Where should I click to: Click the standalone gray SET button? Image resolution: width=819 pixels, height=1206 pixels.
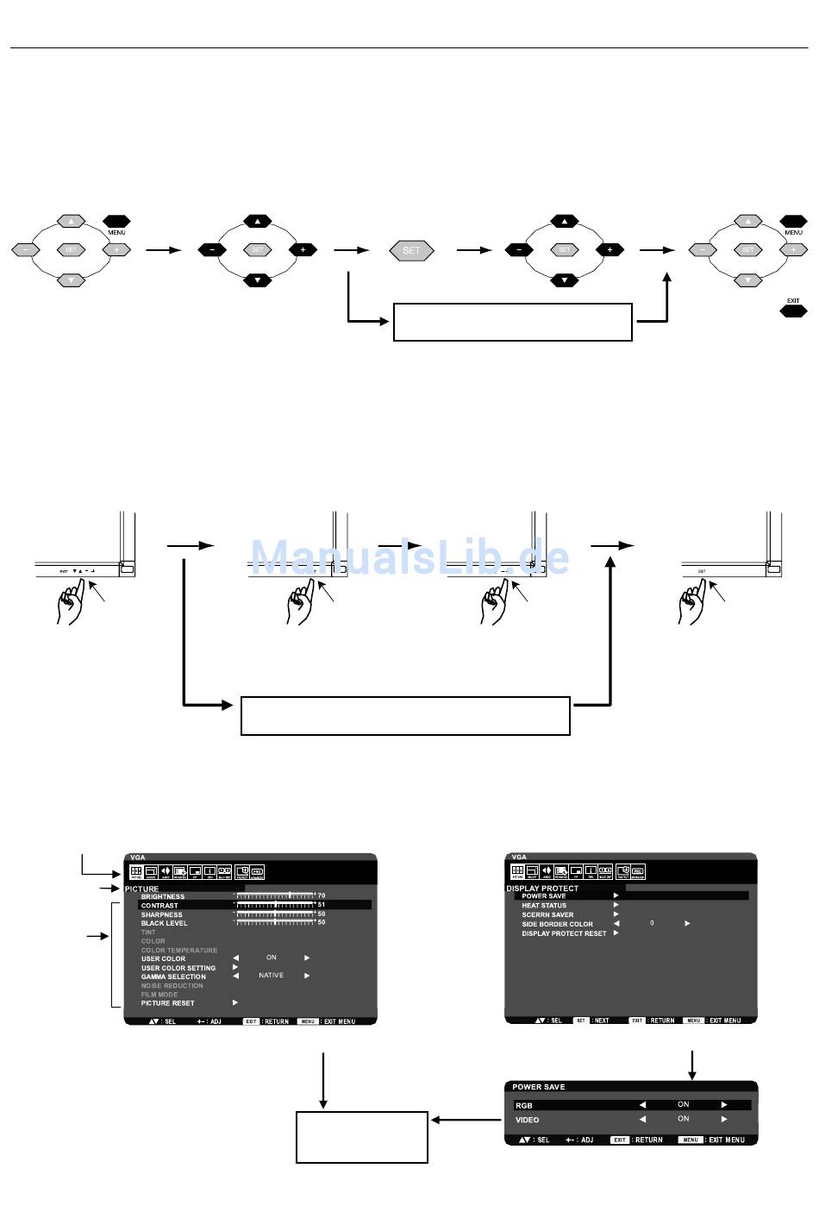(x=411, y=250)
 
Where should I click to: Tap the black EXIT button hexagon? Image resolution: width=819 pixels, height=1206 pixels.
(x=793, y=311)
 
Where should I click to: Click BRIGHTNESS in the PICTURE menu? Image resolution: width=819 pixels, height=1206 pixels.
(x=163, y=896)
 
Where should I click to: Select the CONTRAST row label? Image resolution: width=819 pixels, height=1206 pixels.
(x=159, y=906)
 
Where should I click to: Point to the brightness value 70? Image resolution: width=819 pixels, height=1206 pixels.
(x=322, y=896)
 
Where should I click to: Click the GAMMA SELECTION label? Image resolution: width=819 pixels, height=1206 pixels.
(x=173, y=977)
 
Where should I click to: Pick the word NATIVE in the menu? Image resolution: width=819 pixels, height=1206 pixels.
(x=271, y=976)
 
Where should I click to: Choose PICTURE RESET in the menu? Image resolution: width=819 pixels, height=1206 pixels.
(x=168, y=1003)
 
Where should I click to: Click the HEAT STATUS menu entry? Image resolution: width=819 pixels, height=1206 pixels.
(x=544, y=906)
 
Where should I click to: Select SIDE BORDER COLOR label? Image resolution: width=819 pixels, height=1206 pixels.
(x=557, y=924)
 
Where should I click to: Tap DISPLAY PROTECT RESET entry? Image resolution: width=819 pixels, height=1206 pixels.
(x=564, y=933)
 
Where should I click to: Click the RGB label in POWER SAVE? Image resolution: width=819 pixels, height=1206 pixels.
(x=523, y=1105)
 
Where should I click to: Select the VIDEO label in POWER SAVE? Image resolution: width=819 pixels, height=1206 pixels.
(x=527, y=1120)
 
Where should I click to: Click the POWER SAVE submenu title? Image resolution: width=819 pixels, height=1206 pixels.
(x=539, y=1087)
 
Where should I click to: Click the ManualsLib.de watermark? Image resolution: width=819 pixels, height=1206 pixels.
(x=409, y=557)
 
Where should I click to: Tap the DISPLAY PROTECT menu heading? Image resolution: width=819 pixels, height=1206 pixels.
(x=542, y=888)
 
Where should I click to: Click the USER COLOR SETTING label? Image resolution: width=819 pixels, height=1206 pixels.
(x=178, y=968)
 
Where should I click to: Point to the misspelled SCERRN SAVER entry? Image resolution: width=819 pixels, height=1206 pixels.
(x=547, y=914)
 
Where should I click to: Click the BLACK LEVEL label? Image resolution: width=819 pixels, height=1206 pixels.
(x=164, y=923)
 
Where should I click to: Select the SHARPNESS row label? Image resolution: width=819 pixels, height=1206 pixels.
(x=161, y=914)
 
